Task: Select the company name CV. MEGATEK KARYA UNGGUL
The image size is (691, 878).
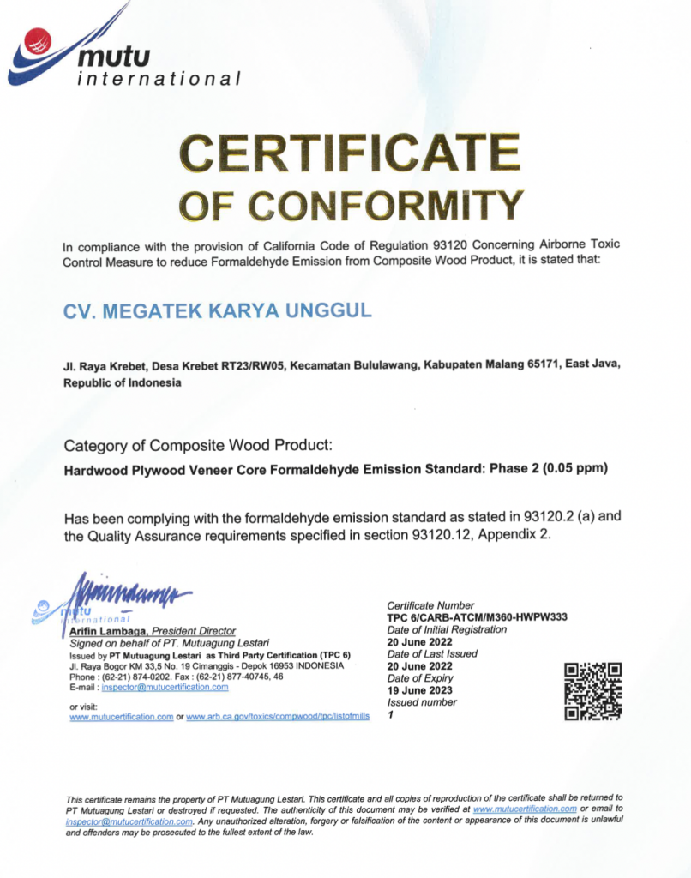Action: (x=218, y=310)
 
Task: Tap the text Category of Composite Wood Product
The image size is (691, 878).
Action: (x=197, y=446)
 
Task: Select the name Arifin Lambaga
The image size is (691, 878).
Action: (x=107, y=630)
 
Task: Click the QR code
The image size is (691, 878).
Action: (x=593, y=691)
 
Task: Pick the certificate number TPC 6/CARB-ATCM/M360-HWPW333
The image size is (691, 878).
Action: (x=477, y=617)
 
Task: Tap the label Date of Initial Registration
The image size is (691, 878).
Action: (x=446, y=629)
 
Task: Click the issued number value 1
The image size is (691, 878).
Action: (x=390, y=714)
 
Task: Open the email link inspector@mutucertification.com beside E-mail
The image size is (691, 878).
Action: (x=165, y=687)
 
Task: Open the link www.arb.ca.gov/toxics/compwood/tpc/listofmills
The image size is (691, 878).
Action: (x=277, y=716)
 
